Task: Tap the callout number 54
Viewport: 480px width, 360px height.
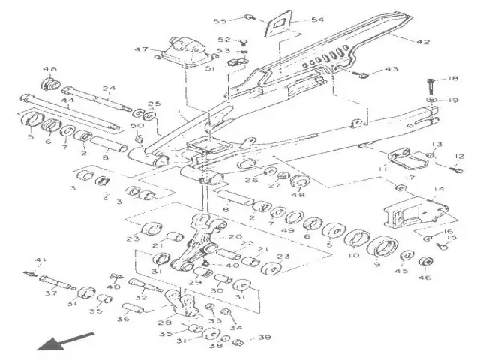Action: point(297,19)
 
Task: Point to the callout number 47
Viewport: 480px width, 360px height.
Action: point(140,50)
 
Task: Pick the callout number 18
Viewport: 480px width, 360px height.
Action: point(452,79)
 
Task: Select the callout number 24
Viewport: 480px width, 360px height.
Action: point(109,88)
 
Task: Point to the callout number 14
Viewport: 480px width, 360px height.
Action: point(439,190)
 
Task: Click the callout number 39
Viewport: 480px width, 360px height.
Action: point(265,338)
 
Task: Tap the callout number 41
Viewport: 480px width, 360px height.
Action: point(40,259)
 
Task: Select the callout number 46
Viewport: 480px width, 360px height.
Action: point(425,277)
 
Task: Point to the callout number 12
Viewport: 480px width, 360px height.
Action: point(460,157)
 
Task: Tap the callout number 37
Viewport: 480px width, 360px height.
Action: point(51,294)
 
